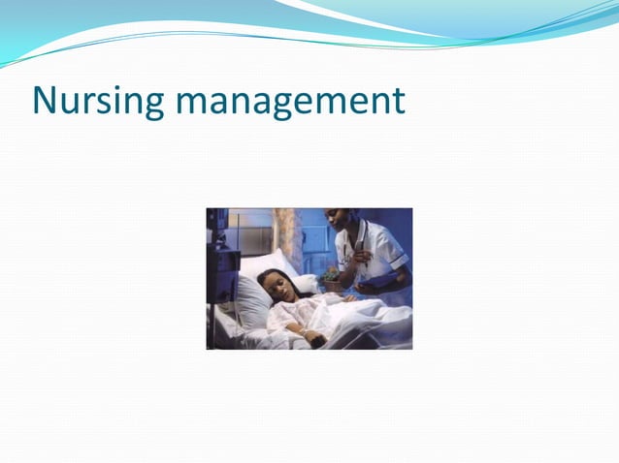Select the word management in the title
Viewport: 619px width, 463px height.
(293, 101)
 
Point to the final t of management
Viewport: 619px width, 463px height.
(398, 100)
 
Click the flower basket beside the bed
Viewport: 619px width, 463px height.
(330, 280)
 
